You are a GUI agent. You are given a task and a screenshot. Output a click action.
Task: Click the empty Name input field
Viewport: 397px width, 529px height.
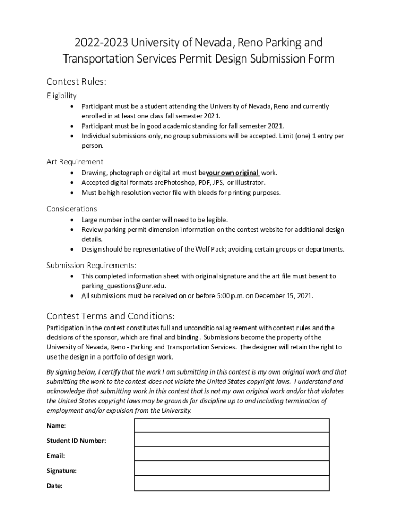tap(231, 425)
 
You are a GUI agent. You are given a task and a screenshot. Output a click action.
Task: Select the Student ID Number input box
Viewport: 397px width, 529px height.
tap(231, 440)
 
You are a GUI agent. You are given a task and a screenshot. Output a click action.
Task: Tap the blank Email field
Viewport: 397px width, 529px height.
tap(231, 454)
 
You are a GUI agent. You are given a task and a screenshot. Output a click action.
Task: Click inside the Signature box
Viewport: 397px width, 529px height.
tap(231, 469)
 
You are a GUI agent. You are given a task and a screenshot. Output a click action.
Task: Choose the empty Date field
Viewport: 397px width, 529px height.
tap(231, 484)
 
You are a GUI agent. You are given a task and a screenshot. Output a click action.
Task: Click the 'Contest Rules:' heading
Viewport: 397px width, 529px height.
tap(76, 82)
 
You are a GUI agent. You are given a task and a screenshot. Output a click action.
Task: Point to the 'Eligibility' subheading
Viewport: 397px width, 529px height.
tap(62, 96)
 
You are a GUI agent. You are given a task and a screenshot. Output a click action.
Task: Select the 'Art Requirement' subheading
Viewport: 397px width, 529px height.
tap(75, 162)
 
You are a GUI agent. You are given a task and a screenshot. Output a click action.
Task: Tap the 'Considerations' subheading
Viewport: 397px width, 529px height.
tap(72, 209)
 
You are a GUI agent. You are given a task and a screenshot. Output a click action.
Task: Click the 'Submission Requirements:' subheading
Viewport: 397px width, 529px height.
tap(92, 266)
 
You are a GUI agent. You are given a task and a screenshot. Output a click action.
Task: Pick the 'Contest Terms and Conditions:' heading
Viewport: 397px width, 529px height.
tap(111, 316)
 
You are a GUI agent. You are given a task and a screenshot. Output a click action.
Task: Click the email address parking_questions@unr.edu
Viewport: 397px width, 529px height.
tap(124, 286)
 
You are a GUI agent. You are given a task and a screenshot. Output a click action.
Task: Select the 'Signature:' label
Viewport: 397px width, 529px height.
tap(62, 471)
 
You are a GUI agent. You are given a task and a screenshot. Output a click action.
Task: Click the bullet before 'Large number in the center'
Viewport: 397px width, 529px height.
tap(71, 220)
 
